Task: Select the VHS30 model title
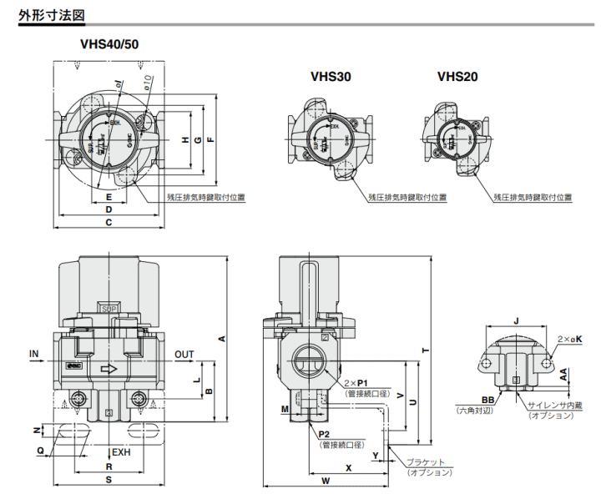[331, 76]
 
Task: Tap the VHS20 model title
[457, 76]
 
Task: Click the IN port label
[34, 355]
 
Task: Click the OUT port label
[184, 355]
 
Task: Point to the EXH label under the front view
[122, 452]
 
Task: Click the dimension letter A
[221, 338]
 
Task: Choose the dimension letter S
[109, 481]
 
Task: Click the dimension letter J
[518, 320]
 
